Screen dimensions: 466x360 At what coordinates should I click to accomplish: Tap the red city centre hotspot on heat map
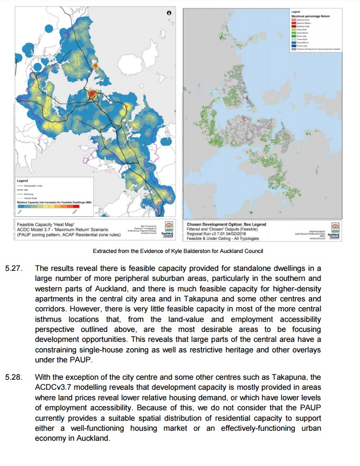(91, 94)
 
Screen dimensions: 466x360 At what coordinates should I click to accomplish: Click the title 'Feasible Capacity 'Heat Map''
(44, 224)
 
